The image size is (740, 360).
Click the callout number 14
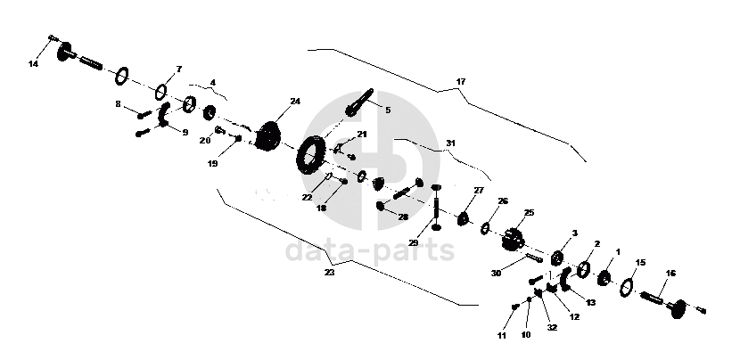33,64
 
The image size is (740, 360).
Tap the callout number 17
461,82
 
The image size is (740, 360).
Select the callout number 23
329,273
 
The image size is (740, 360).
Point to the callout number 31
451,143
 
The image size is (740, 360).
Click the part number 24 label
295,102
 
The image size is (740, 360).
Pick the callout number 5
388,110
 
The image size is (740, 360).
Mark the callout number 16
670,274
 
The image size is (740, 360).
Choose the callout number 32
552,327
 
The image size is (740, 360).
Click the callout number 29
414,243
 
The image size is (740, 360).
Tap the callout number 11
502,336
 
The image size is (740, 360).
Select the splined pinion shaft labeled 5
359,102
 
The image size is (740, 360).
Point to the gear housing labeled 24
268,135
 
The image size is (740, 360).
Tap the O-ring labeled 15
626,286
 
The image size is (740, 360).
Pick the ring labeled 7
161,92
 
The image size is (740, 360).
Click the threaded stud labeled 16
652,299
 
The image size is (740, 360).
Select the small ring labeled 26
485,229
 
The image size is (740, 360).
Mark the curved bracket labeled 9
164,115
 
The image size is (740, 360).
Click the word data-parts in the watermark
369,251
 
